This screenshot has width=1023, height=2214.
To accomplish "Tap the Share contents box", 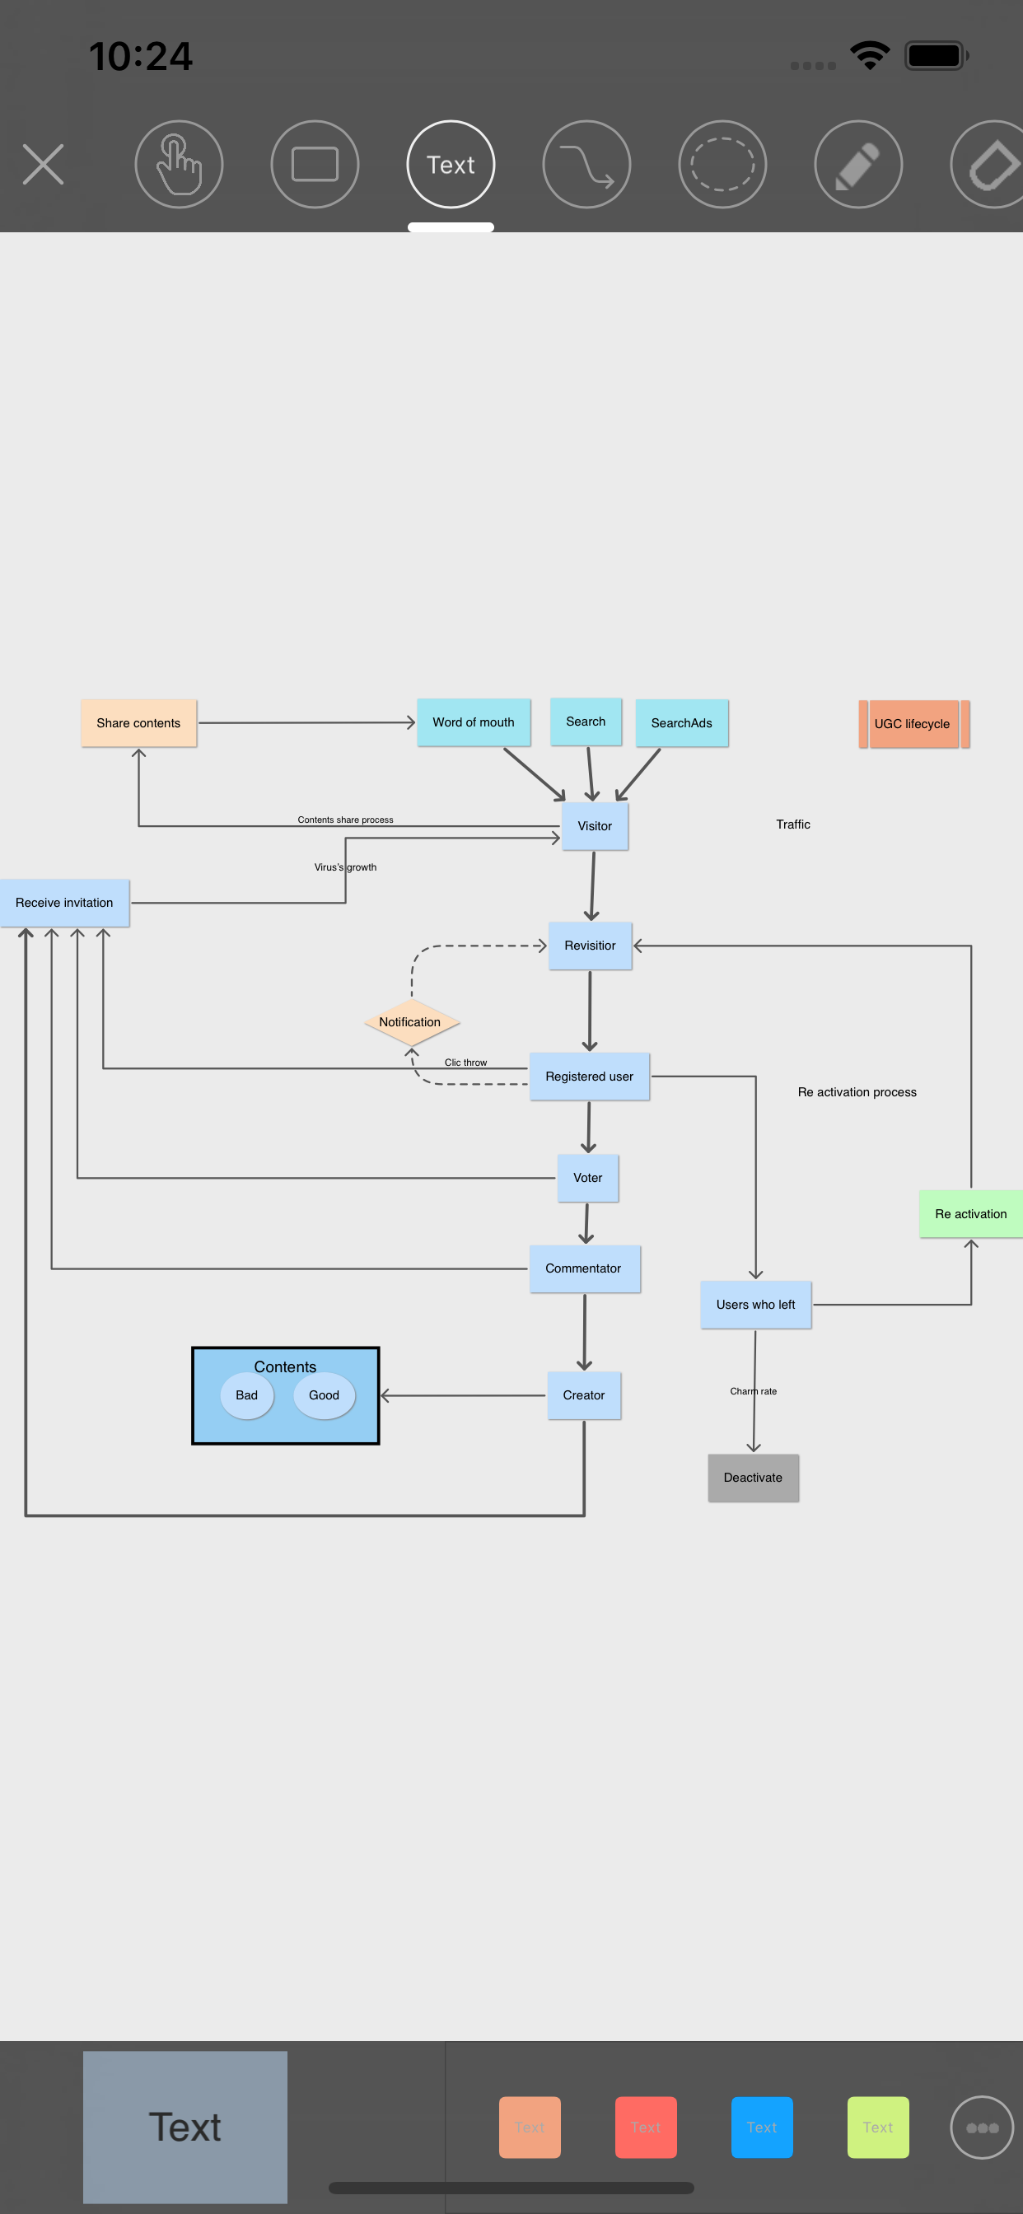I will click(138, 723).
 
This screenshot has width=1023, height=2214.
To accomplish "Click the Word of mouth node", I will click(473, 722).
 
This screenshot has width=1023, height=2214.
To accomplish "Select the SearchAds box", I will click(681, 723).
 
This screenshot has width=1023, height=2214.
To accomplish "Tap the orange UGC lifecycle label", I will click(912, 724).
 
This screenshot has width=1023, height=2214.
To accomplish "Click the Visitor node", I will click(594, 826).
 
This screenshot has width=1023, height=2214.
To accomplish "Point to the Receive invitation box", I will click(64, 903).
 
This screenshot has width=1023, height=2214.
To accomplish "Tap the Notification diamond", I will click(410, 1022).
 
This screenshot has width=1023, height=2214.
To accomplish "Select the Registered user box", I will click(589, 1076).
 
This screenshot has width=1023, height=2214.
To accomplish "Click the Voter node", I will click(587, 1178).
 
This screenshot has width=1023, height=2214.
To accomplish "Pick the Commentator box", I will click(584, 1268).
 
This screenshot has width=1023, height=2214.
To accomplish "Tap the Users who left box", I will click(755, 1305).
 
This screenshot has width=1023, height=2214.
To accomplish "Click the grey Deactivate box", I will click(753, 1478).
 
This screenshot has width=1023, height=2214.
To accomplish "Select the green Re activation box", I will click(970, 1213).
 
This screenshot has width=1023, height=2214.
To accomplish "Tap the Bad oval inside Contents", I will click(247, 1395).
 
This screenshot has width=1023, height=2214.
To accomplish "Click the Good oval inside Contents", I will click(324, 1395).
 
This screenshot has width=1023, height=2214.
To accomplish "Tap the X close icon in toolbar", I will click(43, 164).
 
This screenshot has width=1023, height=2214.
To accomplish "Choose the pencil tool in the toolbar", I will click(858, 164).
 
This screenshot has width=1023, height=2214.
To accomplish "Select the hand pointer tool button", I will click(179, 164).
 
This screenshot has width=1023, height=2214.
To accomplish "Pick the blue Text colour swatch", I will click(762, 2127).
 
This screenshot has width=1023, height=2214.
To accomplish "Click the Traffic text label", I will click(792, 824).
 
